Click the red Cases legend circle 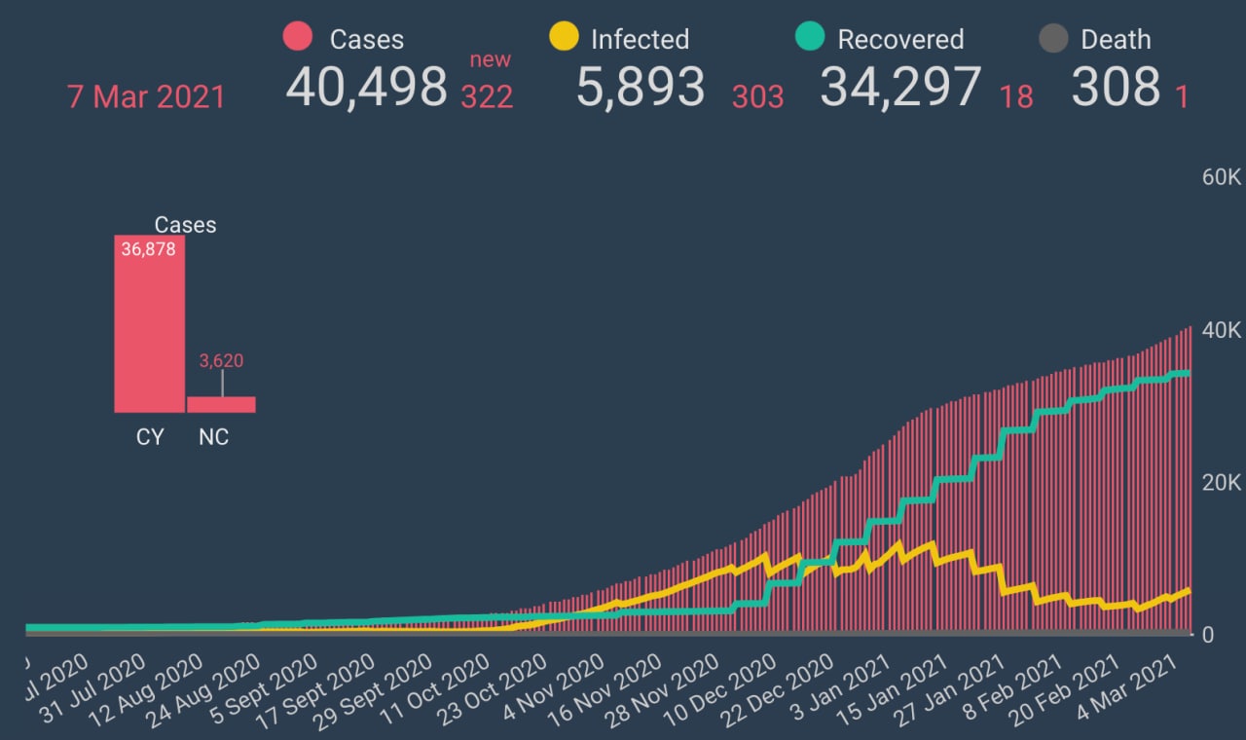[297, 37]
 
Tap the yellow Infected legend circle [564, 37]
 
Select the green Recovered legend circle [810, 37]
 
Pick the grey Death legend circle [1053, 38]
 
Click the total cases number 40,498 [366, 88]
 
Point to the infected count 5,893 [641, 88]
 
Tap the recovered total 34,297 [900, 88]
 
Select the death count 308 [1116, 88]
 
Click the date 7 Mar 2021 [146, 97]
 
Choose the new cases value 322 [487, 96]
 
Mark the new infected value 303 [757, 96]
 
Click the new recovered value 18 [1016, 96]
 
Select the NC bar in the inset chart [221, 404]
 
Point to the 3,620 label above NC [221, 361]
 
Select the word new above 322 [491, 60]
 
